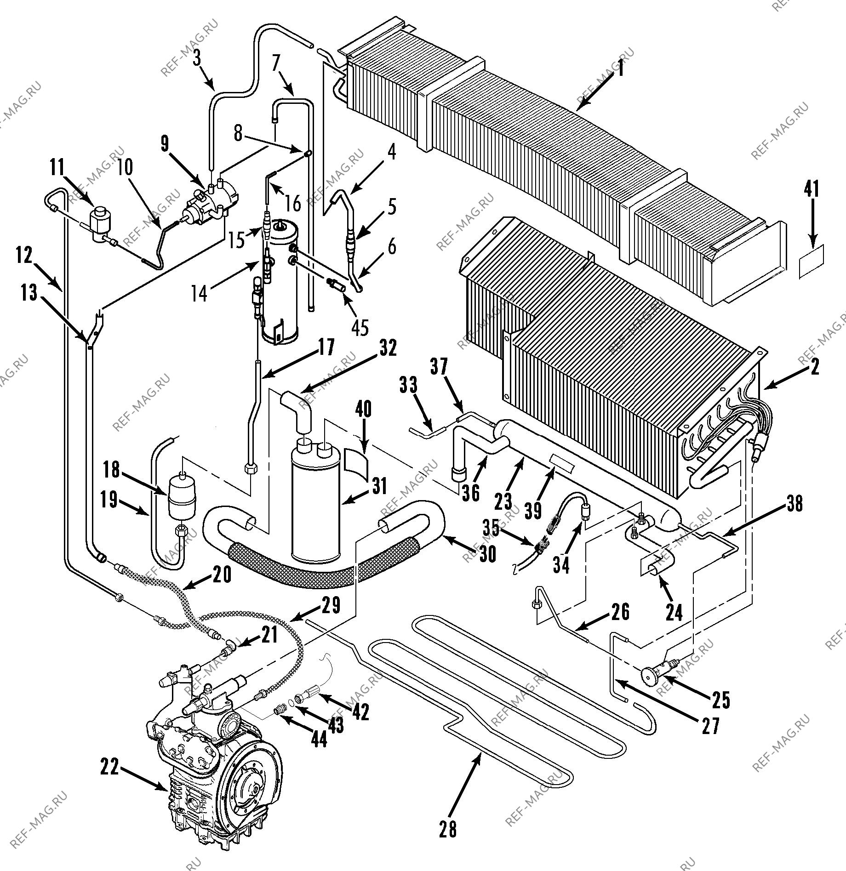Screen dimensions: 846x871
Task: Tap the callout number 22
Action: click(111, 767)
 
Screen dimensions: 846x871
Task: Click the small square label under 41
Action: click(811, 262)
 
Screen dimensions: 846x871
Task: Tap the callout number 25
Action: click(720, 699)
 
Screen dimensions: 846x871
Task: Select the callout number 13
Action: click(29, 292)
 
